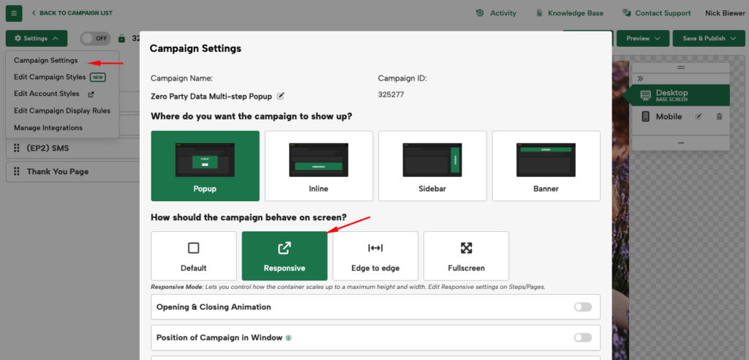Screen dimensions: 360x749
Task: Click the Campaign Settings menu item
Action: [x=45, y=60]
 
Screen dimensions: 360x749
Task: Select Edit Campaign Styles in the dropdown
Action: [x=50, y=77]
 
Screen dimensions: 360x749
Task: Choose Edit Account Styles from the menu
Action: [x=47, y=94]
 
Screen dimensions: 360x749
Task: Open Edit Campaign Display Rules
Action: [x=62, y=110]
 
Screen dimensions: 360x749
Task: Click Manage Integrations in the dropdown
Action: [x=48, y=127]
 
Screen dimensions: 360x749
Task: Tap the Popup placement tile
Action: [x=206, y=166]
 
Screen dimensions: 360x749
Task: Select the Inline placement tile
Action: [x=319, y=166]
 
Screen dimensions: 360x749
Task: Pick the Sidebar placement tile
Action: [x=432, y=166]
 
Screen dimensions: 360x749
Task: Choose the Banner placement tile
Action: [x=546, y=166]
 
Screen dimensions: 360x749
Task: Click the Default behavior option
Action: [x=194, y=256]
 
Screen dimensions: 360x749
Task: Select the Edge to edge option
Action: [x=375, y=256]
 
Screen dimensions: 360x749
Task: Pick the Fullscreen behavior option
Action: [x=466, y=256]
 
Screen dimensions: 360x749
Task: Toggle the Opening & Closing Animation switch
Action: [x=583, y=307]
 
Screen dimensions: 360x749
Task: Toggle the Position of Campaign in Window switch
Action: [x=583, y=337]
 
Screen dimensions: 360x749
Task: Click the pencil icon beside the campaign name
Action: [x=280, y=96]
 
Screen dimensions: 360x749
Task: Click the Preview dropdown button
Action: [x=643, y=38]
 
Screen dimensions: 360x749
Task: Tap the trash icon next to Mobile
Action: [x=719, y=116]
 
